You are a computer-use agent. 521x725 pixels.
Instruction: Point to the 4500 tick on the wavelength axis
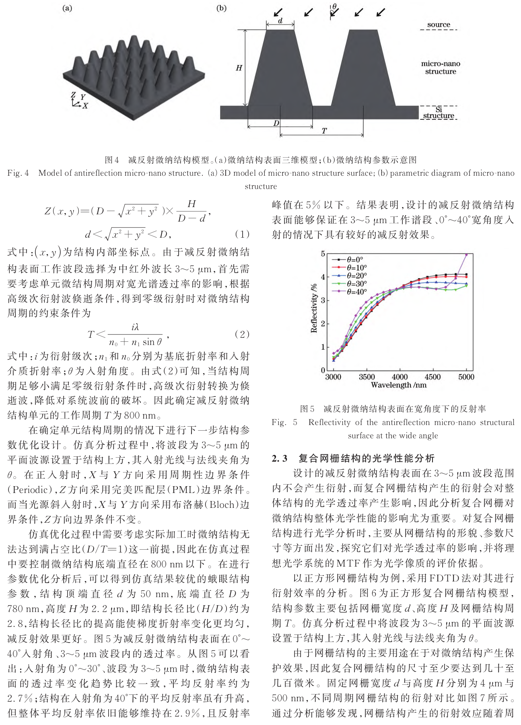432,377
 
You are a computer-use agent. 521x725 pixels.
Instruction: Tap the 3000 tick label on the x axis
333,377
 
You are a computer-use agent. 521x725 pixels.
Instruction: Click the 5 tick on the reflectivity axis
323,254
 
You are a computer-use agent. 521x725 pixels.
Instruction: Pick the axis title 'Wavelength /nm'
398,385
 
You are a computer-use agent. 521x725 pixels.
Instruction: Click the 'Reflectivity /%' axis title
314,308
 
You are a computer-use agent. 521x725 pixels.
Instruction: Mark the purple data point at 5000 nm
466,255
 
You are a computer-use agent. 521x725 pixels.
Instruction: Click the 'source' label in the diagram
439,25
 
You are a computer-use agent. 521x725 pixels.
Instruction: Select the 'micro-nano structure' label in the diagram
441,68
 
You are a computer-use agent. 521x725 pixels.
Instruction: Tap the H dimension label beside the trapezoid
239,68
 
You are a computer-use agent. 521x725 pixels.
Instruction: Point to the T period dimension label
324,131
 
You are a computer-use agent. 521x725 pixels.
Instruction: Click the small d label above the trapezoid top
280,21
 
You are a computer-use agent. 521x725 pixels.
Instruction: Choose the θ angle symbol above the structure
334,6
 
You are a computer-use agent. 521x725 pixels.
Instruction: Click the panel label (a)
67,8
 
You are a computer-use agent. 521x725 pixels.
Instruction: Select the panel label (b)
221,8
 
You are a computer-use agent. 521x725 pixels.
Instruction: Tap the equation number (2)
242,335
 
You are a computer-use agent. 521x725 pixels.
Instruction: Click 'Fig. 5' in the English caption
284,422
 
